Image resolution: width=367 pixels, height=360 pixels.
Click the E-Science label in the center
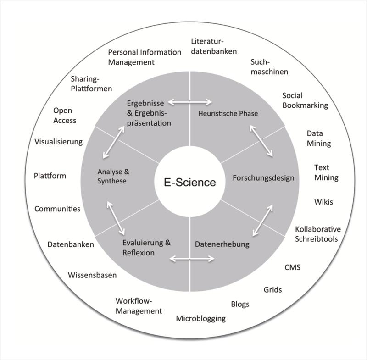point(190,183)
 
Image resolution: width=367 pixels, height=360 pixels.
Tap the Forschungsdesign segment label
point(257,178)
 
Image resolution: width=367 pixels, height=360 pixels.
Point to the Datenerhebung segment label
point(222,244)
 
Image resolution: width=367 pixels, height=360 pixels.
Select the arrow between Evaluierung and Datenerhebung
point(192,259)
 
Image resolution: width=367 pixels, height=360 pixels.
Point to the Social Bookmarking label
point(305,100)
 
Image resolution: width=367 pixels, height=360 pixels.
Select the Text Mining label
point(326,172)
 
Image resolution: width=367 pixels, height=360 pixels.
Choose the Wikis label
point(323,202)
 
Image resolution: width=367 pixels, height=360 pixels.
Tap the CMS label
point(292,267)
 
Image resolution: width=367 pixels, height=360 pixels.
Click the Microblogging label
point(201,318)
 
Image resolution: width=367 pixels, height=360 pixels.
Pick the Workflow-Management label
point(139,306)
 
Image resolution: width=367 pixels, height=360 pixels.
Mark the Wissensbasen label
point(92,275)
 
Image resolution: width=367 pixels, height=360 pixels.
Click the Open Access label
point(64,116)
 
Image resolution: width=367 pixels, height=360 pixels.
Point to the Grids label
point(272,289)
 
